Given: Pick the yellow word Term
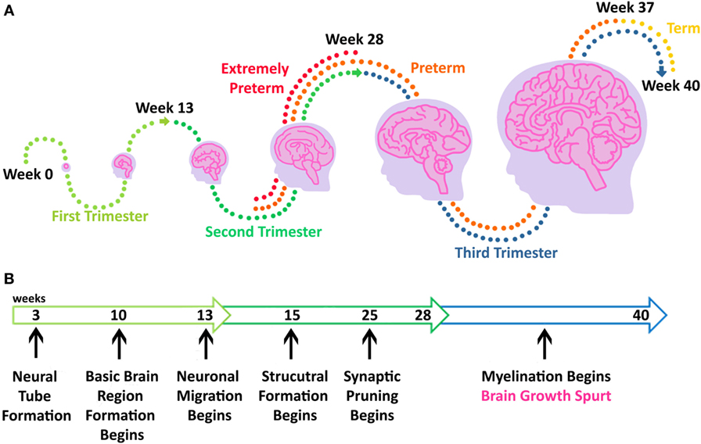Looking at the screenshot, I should point(681,30).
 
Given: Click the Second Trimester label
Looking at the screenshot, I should point(263,231).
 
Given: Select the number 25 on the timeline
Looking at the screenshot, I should point(370,314).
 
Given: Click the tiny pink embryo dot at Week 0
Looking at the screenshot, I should point(67,166).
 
